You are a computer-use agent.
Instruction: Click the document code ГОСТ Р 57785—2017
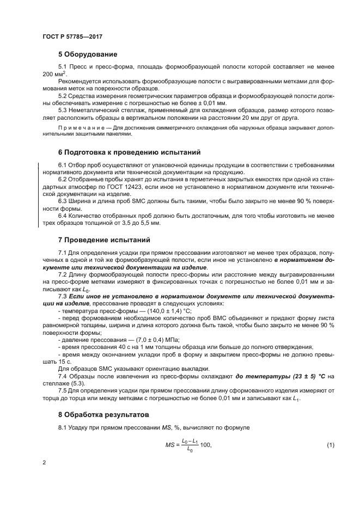click(x=72, y=37)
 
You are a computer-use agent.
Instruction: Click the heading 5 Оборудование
click(x=87, y=54)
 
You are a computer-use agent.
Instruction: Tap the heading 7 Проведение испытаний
click(x=103, y=240)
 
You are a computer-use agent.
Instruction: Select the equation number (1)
click(x=330, y=446)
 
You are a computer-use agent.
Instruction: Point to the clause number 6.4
click(x=62, y=216)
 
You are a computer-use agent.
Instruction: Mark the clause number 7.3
click(x=62, y=295)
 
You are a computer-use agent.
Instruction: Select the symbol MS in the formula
click(x=169, y=446)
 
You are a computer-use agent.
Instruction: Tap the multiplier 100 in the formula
click(x=205, y=446)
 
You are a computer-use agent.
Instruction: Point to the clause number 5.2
click(x=62, y=96)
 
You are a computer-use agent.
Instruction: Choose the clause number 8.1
click(x=62, y=427)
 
